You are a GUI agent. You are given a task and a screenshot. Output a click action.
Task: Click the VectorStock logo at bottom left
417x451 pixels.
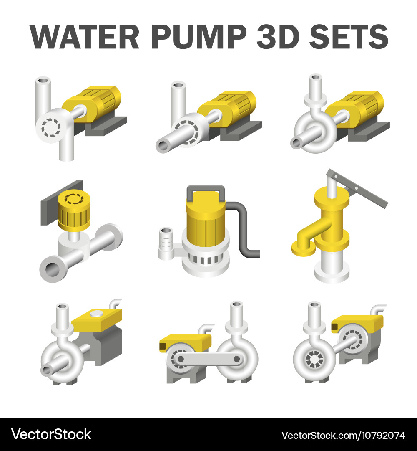[51, 434]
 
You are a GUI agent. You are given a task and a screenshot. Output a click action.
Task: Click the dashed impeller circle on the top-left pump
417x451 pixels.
[53, 124]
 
